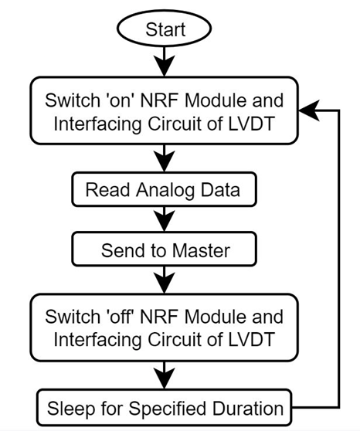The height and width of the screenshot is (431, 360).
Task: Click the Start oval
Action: pos(165,29)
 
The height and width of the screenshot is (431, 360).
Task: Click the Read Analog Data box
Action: pos(165,189)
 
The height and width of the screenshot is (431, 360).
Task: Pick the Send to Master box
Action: pos(165,249)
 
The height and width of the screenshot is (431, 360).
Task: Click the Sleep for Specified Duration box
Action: pos(165,408)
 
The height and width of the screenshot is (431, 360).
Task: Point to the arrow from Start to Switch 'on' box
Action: pos(165,62)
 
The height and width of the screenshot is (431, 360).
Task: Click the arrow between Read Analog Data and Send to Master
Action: pos(165,219)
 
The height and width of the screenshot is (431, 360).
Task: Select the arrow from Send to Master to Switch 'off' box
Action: pos(165,280)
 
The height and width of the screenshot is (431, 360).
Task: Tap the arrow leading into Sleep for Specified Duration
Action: pos(165,375)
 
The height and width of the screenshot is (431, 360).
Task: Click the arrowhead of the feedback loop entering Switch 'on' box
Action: pos(308,110)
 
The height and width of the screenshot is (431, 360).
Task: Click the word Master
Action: pos(201,250)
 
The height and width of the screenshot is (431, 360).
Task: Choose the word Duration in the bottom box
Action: pos(247,408)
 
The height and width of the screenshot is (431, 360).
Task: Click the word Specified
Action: pos(168,409)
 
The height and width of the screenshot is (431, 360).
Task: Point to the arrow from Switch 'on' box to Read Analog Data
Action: pos(165,158)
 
